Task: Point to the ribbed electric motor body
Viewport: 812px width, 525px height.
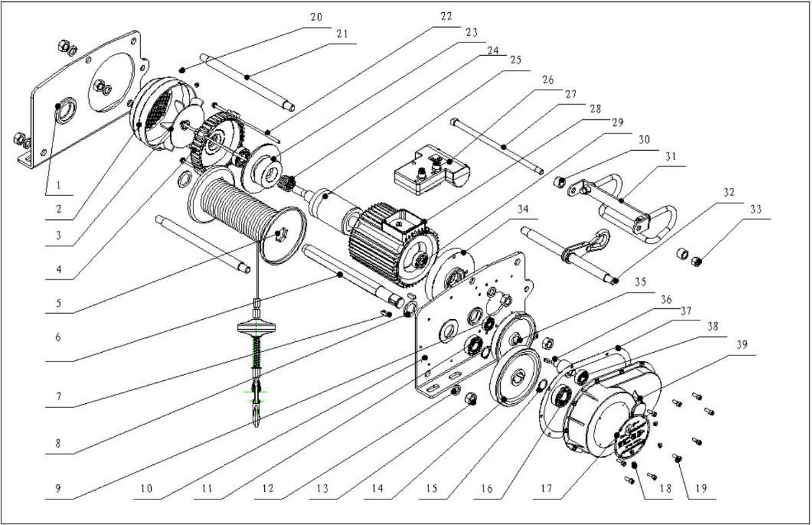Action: (384, 236)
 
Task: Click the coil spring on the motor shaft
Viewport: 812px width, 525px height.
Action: (289, 182)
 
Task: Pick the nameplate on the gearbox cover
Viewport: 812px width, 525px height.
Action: (633, 434)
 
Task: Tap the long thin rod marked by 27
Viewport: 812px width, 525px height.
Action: (499, 147)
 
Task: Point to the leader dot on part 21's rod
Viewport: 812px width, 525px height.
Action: (249, 78)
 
